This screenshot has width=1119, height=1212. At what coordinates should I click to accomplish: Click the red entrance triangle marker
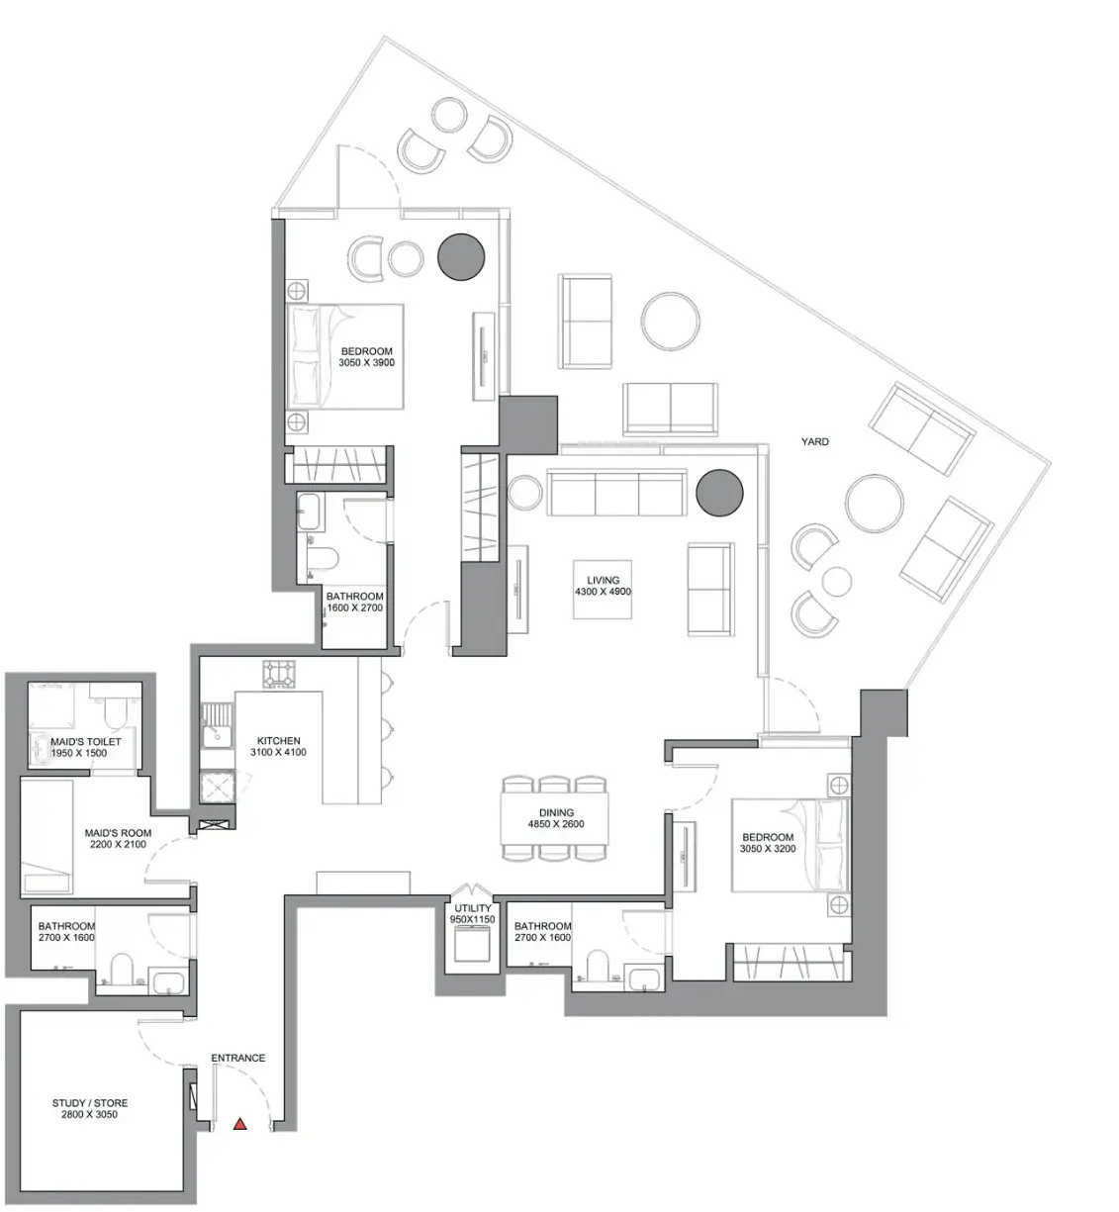pyautogui.click(x=239, y=1124)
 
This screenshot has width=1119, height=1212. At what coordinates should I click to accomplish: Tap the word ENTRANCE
pyautogui.click(x=238, y=1058)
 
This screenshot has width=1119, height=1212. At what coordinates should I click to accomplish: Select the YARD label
pyautogui.click(x=815, y=441)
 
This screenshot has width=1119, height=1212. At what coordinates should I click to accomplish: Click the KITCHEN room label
pyautogui.click(x=278, y=741)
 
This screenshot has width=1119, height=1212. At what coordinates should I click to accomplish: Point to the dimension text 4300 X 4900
pyautogui.click(x=603, y=592)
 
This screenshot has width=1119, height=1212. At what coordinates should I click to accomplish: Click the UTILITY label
pyautogui.click(x=473, y=908)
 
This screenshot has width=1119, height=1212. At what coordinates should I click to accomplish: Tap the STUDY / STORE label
pyautogui.click(x=90, y=1103)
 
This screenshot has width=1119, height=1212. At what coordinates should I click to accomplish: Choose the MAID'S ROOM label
pyautogui.click(x=118, y=833)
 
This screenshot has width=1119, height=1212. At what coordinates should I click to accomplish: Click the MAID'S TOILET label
pyautogui.click(x=86, y=741)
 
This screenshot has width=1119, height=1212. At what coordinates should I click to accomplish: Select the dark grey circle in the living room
pyautogui.click(x=719, y=493)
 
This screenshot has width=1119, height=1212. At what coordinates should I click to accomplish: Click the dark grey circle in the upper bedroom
pyautogui.click(x=461, y=257)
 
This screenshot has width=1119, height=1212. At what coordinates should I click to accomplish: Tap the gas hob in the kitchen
pyautogui.click(x=279, y=675)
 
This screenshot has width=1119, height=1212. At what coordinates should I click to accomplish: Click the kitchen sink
pyautogui.click(x=217, y=726)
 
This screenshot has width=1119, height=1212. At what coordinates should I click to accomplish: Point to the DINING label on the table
pyautogui.click(x=556, y=813)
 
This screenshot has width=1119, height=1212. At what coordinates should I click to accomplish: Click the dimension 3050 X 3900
pyautogui.click(x=367, y=362)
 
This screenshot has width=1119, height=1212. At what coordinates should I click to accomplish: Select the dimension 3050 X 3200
pyautogui.click(x=768, y=848)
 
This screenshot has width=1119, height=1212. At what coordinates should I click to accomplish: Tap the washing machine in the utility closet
pyautogui.click(x=473, y=945)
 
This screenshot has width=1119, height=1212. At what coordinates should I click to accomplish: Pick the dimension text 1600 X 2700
pyautogui.click(x=354, y=607)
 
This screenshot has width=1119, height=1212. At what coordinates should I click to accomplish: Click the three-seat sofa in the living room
pyautogui.click(x=616, y=492)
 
